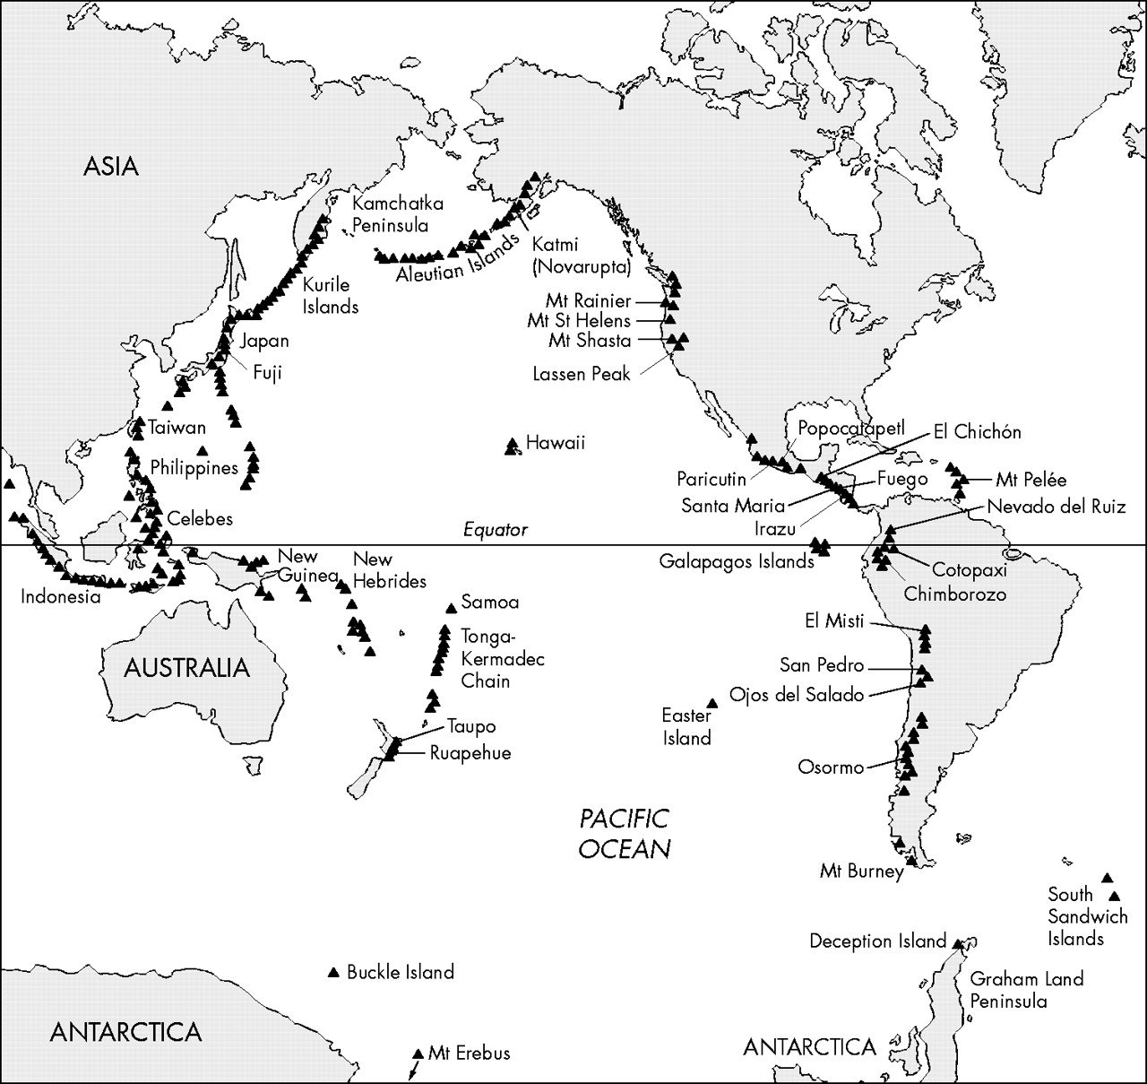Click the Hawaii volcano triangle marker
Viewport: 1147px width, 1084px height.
513,445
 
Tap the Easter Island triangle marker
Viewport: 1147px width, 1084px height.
712,703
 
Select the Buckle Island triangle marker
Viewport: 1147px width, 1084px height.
333,972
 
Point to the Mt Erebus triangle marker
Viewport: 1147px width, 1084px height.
418,1054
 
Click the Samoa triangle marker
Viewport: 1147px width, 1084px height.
450,608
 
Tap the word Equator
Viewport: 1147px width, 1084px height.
496,530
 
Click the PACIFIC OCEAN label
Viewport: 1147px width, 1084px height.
625,833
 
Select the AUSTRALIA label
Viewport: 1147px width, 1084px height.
186,668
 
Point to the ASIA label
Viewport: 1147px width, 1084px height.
111,166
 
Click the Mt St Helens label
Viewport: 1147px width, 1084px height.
579,320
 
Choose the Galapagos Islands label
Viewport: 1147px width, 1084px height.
737,561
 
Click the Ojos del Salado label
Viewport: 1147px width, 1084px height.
796,695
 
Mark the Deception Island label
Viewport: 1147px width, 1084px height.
877,941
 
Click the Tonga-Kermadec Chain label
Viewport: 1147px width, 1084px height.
502,659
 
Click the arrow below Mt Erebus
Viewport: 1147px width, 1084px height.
412,1071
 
